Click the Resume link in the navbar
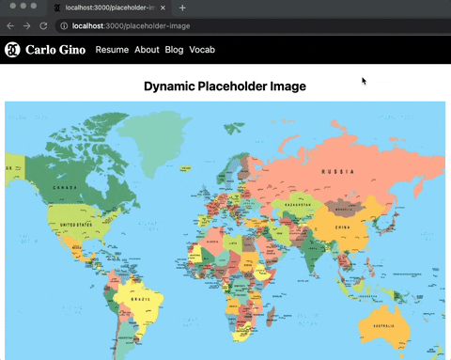[112, 49]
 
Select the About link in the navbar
[147, 49]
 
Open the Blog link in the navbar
[174, 49]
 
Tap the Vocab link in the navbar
[202, 49]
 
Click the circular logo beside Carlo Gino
[12, 49]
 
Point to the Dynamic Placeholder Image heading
[225, 86]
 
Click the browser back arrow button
[10, 25]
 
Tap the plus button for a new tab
[182, 8]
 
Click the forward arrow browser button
[26, 25]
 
